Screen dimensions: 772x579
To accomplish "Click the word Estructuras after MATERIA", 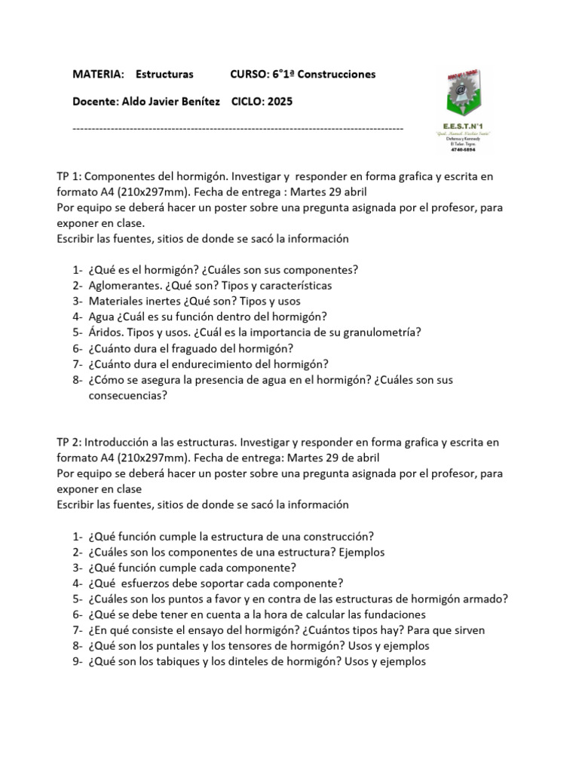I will [164, 74].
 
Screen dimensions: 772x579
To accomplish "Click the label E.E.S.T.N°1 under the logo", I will [461, 125].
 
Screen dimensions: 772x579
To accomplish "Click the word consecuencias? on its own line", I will [127, 395].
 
